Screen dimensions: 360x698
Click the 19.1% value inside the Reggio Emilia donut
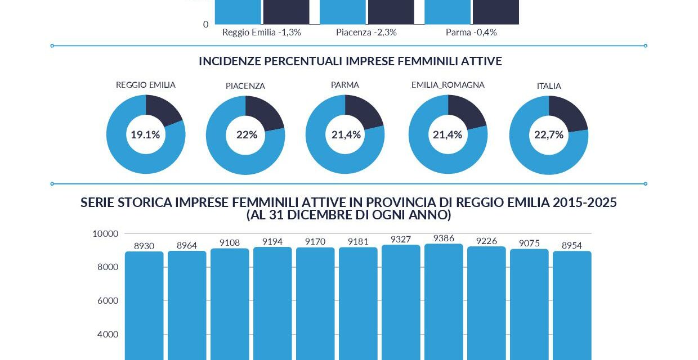[145, 134]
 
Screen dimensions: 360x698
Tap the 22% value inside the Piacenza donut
[247, 134]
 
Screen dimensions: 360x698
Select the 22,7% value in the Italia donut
[548, 134]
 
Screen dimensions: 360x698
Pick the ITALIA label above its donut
[549, 86]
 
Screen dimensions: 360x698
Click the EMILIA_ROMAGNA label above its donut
[448, 85]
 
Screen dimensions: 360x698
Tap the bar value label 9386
[444, 238]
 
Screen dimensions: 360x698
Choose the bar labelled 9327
[401, 304]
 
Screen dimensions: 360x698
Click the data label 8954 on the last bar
[572, 245]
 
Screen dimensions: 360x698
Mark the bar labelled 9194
[272, 304]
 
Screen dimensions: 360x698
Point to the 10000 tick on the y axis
[105, 233]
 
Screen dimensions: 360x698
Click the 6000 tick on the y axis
[108, 300]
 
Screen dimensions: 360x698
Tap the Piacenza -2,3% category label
[366, 32]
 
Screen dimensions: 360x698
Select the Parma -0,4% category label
[471, 32]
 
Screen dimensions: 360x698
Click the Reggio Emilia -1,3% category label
[262, 32]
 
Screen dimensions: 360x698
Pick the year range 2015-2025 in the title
[584, 202]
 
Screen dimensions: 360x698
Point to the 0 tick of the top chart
[205, 24]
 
